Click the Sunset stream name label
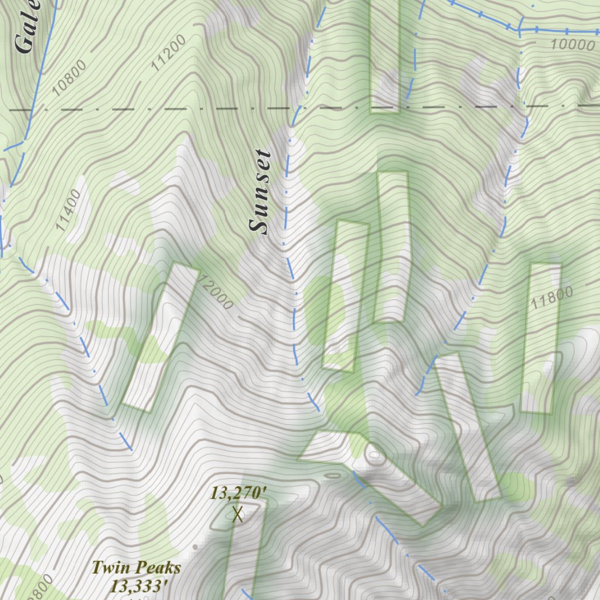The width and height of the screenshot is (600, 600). click(x=261, y=192)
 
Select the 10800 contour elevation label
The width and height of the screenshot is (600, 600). click(x=69, y=77)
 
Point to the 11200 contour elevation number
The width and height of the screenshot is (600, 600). click(x=168, y=53)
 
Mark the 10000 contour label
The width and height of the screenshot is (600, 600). click(x=572, y=45)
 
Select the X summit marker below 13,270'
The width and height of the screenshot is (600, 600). click(x=237, y=514)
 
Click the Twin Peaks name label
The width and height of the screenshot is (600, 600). click(x=136, y=567)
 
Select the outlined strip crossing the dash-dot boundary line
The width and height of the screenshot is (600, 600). click(x=384, y=56)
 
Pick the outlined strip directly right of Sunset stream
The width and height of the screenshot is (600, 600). click(x=346, y=296)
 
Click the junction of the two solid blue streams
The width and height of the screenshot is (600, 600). click(x=519, y=29)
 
